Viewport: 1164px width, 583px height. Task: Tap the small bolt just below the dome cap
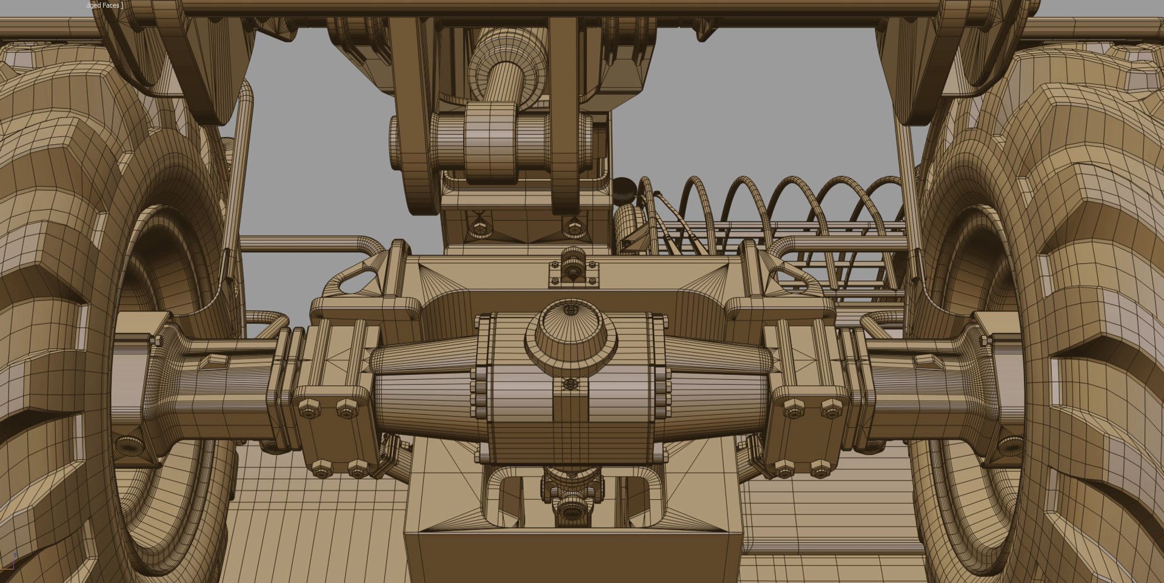coord(570,383)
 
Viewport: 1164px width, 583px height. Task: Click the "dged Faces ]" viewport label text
coord(104,5)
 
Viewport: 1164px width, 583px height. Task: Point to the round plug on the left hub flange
coord(129,445)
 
